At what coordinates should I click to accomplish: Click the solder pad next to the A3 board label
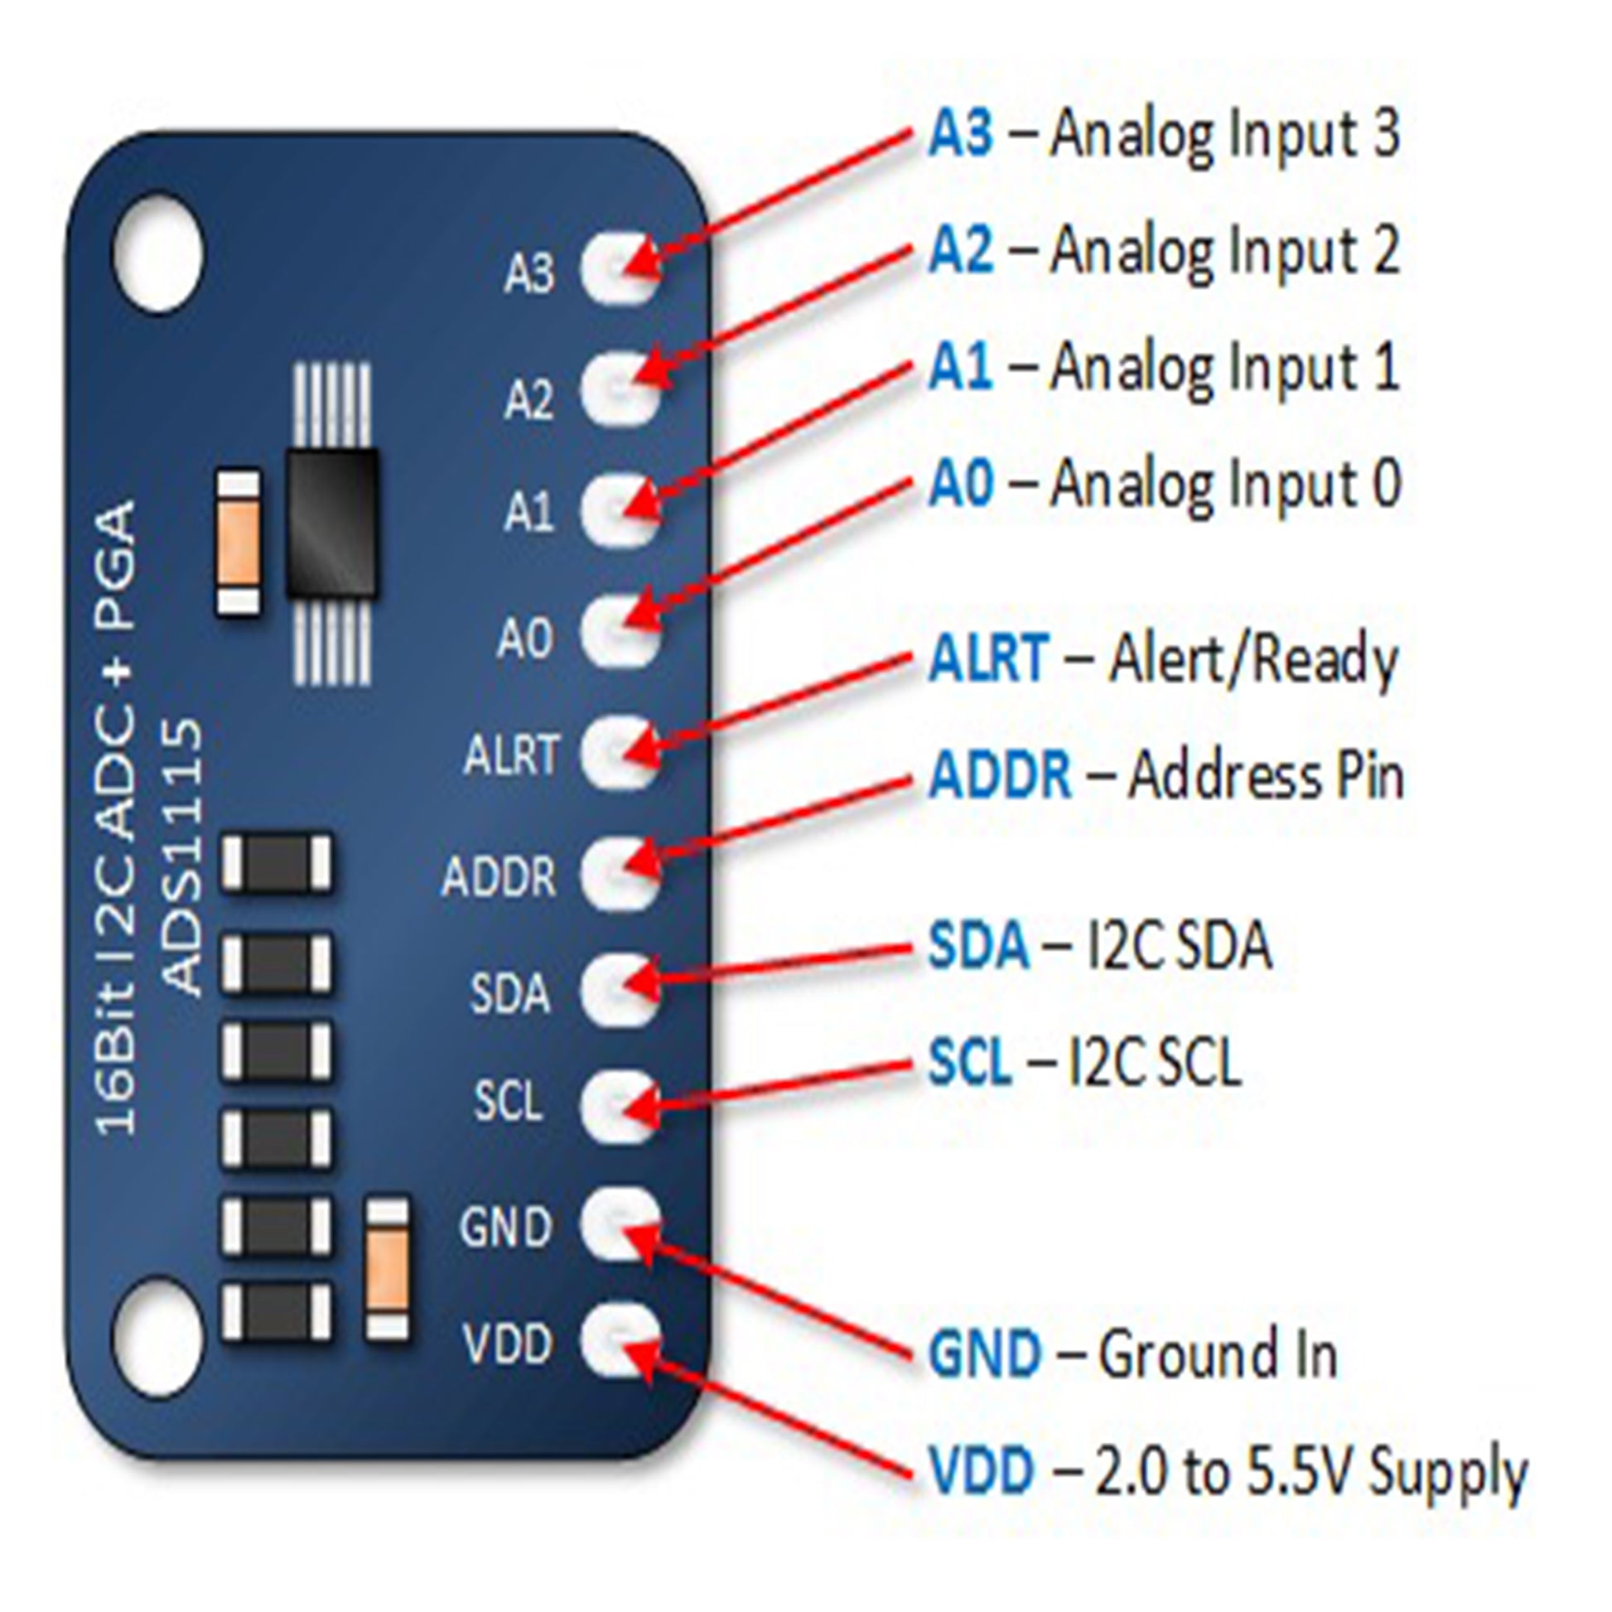[619, 268]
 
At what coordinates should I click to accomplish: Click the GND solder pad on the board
[619, 1224]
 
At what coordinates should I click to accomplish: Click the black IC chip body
[331, 524]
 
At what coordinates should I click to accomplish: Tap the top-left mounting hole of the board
[157, 252]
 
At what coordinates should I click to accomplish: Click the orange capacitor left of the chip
[238, 543]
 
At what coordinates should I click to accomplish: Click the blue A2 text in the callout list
[961, 250]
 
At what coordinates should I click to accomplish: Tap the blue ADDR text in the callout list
[1000, 776]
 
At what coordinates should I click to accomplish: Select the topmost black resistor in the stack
[276, 862]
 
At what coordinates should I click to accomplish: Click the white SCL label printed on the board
[508, 1102]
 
